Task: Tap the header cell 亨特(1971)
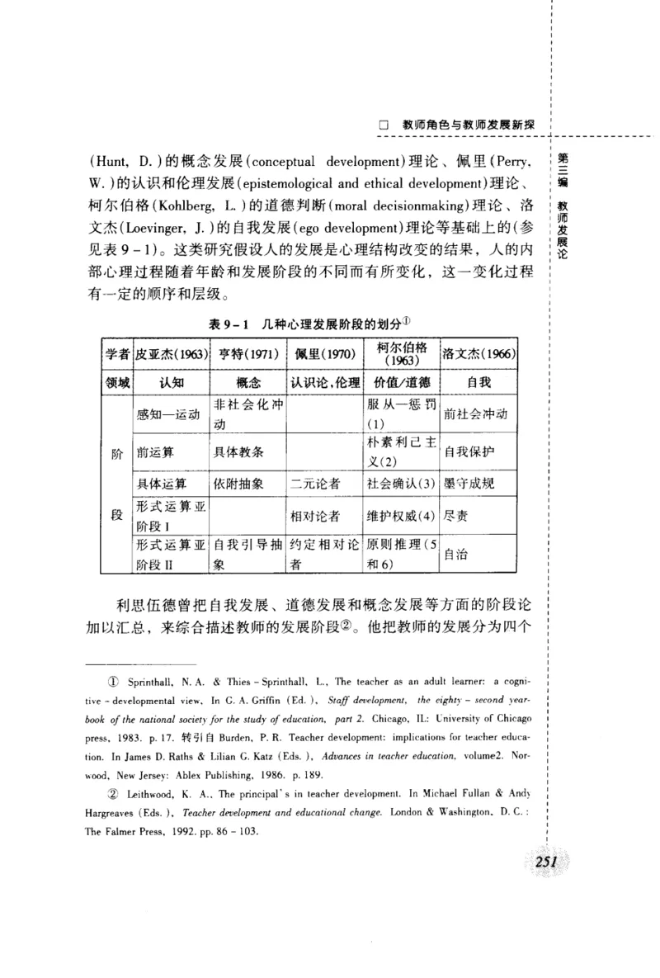246,355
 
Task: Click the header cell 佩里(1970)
324,355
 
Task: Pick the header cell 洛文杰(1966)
478,355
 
